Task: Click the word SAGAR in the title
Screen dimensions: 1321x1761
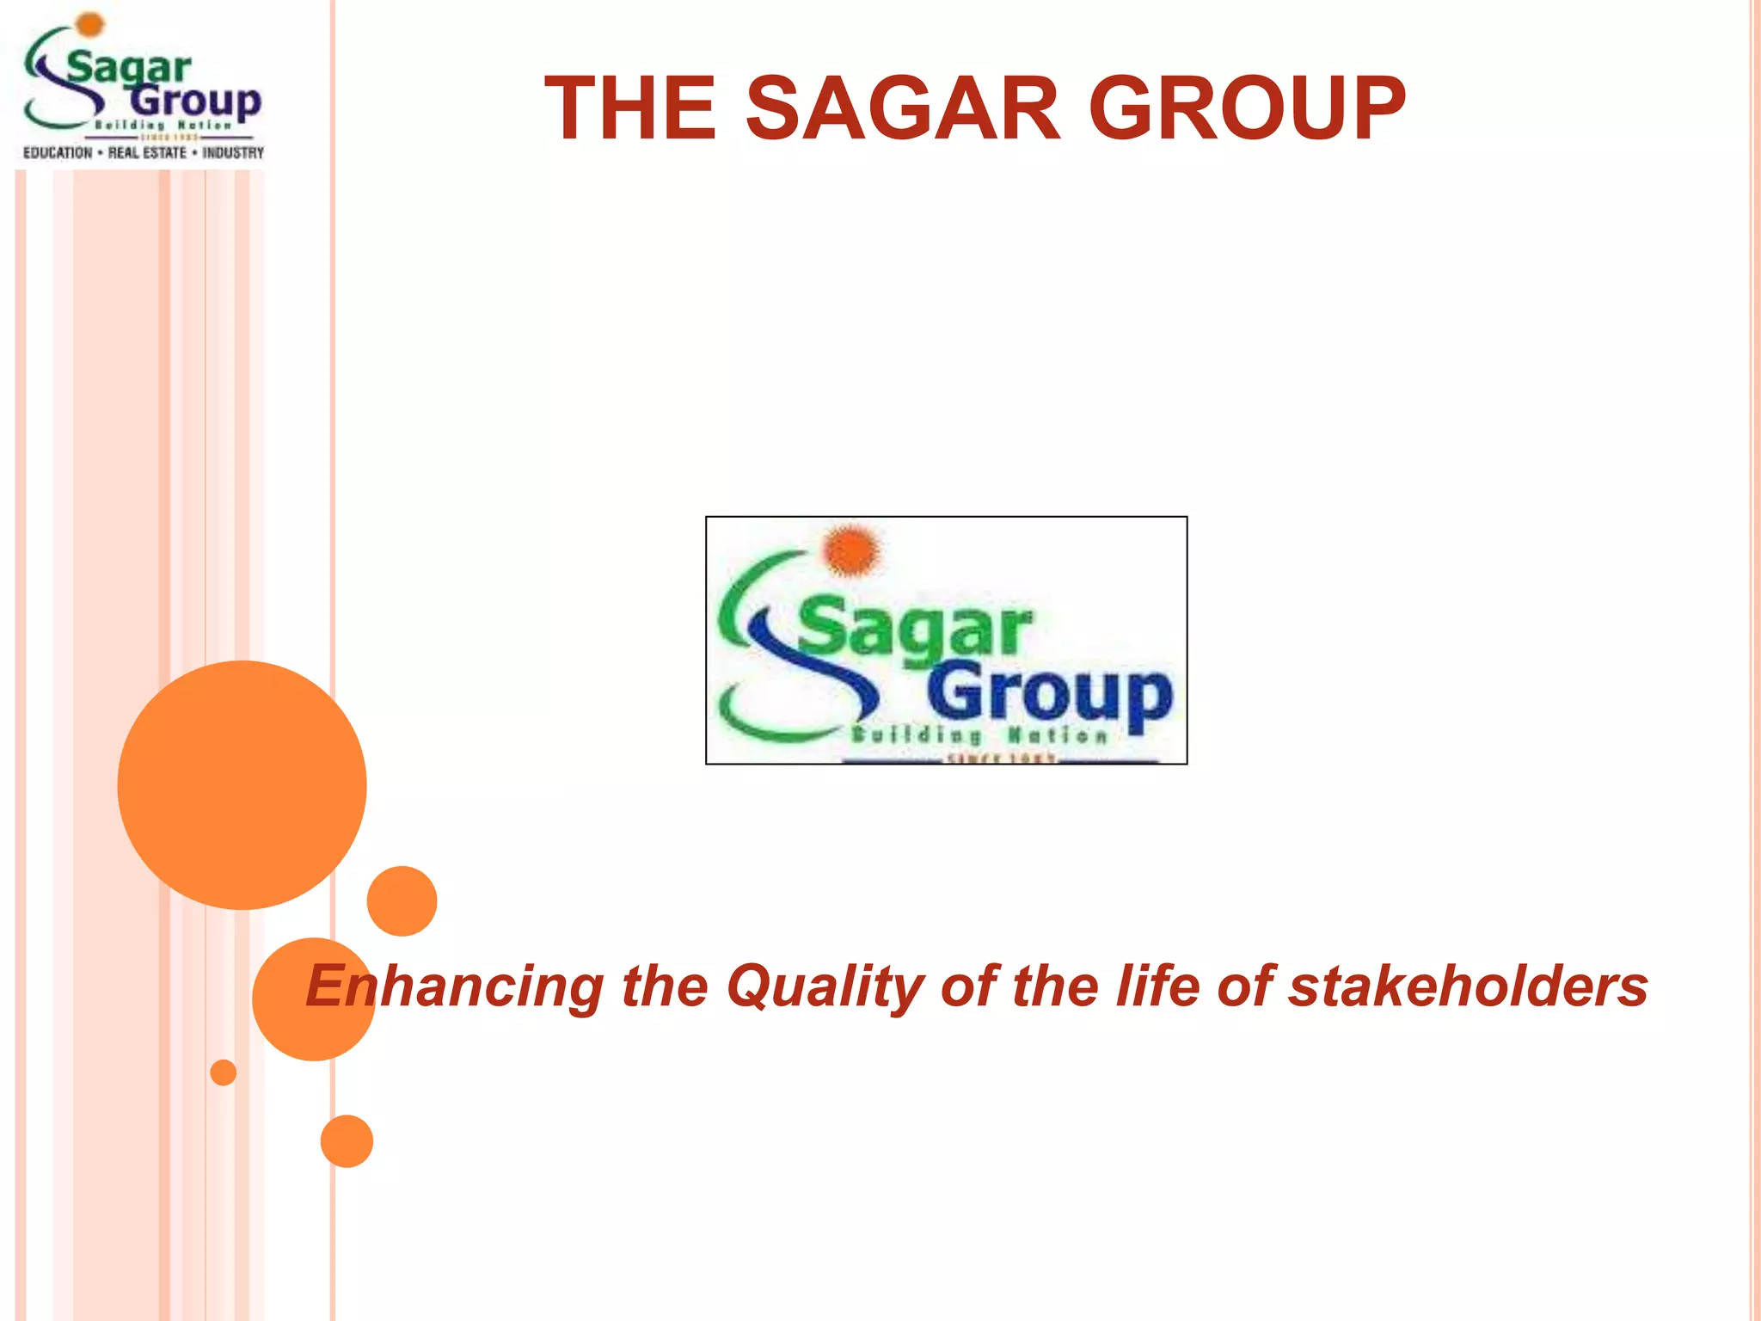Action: coord(903,108)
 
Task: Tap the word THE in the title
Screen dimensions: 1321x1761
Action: coord(630,108)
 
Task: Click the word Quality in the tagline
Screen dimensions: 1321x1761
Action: coord(825,986)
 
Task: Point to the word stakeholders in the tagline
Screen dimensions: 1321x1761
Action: coord(1468,986)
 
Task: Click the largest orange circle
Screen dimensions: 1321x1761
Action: coord(242,784)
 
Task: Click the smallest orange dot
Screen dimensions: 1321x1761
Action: coord(224,1072)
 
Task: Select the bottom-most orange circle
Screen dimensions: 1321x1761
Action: coord(347,1141)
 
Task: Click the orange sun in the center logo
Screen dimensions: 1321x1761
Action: coord(851,550)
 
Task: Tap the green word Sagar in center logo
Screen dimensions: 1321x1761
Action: coord(913,628)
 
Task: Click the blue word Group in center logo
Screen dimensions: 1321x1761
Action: coord(1049,695)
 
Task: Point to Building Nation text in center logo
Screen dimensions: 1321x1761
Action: coord(979,735)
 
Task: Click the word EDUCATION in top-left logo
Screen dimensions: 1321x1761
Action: coord(58,153)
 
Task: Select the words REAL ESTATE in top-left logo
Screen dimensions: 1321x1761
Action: coord(147,153)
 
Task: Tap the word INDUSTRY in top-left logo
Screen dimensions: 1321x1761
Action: coord(233,153)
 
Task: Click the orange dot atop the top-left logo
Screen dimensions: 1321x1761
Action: coord(89,24)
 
